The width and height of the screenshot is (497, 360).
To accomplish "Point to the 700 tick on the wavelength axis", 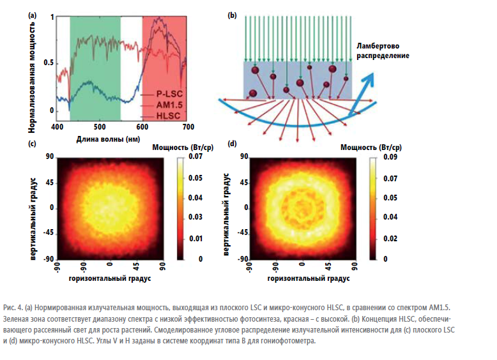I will pos(185,126).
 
